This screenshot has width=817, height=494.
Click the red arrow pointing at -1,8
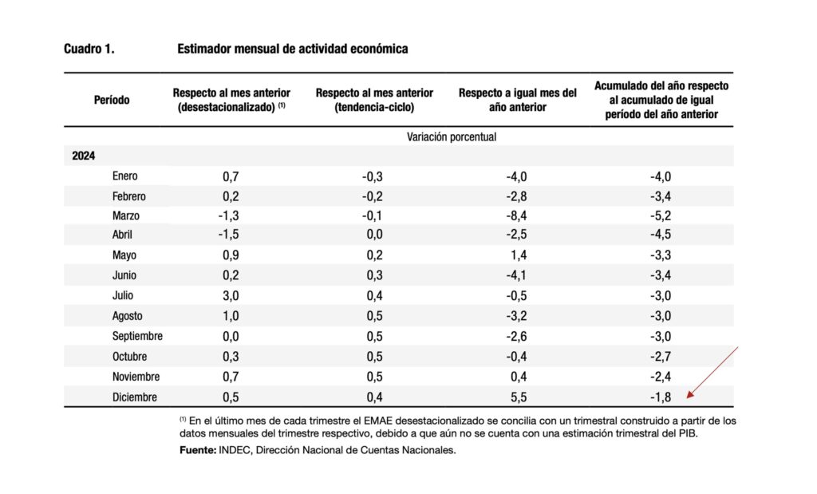pyautogui.click(x=712, y=372)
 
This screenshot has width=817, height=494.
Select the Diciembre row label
pyautogui.click(x=134, y=397)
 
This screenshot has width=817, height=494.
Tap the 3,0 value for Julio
pyautogui.click(x=231, y=296)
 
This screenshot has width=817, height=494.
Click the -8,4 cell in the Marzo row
pyautogui.click(x=516, y=215)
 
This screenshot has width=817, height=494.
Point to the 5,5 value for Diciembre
pyautogui.click(x=519, y=397)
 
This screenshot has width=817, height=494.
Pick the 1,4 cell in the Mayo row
pyautogui.click(x=519, y=255)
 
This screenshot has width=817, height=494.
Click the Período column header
pyautogui.click(x=112, y=100)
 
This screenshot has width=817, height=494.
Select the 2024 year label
pyautogui.click(x=83, y=156)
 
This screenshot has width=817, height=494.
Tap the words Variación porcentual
pyautogui.click(x=452, y=137)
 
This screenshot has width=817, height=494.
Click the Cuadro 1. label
pyautogui.click(x=89, y=49)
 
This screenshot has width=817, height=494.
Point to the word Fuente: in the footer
pyautogui.click(x=198, y=450)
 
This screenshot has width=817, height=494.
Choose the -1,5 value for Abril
pyautogui.click(x=228, y=235)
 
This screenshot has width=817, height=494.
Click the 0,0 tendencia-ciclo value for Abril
pyautogui.click(x=374, y=235)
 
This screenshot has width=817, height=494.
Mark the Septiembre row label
pyautogui.click(x=137, y=336)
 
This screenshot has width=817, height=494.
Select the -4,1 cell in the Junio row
pyautogui.click(x=516, y=275)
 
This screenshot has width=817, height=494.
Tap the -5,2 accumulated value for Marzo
pyautogui.click(x=660, y=215)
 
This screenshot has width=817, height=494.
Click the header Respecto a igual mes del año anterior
pyautogui.click(x=517, y=100)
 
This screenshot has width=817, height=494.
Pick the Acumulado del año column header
pyautogui.click(x=661, y=100)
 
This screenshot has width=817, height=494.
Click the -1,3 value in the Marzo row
pyautogui.click(x=228, y=215)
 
